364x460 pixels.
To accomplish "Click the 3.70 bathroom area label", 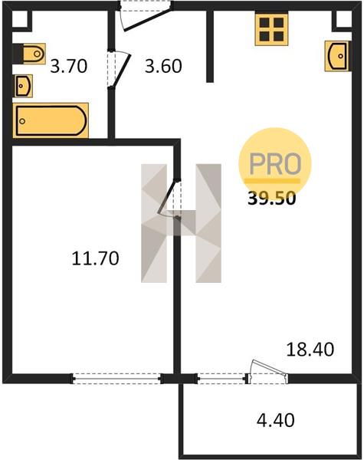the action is [69, 66].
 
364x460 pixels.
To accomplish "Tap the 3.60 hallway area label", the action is [163, 66].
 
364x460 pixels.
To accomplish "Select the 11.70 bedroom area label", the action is [95, 258].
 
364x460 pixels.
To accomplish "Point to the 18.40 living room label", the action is [310, 350].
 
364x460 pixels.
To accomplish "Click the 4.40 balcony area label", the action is [276, 420].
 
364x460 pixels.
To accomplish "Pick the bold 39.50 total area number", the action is [271, 199].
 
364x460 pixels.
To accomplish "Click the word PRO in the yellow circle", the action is [275, 164].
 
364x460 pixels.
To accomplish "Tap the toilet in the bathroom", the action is [29, 54].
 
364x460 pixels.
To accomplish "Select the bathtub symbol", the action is [51, 120].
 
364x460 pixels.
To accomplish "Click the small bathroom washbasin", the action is [22, 86].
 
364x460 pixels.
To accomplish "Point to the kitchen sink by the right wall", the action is [338, 56].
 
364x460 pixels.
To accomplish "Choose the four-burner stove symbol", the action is [271, 29].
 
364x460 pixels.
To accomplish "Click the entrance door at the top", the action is [145, 16].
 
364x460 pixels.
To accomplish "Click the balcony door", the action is [267, 372].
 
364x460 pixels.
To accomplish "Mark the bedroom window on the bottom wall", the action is [117, 379].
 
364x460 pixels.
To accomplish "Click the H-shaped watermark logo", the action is [181, 223].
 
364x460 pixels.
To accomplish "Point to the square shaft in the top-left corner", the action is [21, 20].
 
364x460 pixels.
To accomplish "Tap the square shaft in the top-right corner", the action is [343, 20].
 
